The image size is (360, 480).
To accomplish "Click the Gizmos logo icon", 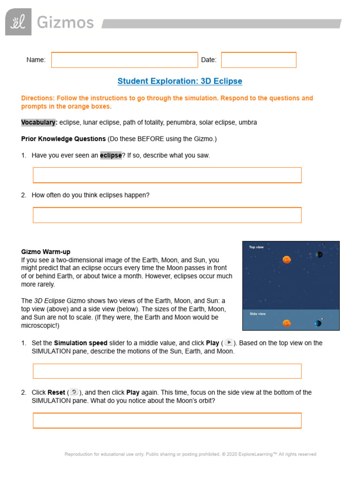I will pyautogui.click(x=18, y=22).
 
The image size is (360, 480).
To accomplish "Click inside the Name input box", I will pyautogui.click(x=124, y=60).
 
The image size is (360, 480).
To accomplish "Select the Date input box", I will pyautogui.click(x=258, y=60).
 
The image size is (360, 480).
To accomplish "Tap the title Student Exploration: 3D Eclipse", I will pyautogui.click(x=180, y=81).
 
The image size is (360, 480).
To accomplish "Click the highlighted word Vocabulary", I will pyautogui.click(x=39, y=122).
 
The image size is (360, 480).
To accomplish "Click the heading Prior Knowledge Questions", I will pyautogui.click(x=63, y=139).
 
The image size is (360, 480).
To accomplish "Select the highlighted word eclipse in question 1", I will pyautogui.click(x=111, y=156).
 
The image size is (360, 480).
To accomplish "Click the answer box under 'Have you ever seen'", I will pyautogui.click(x=167, y=175).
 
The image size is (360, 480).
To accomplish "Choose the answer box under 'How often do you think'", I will pyautogui.click(x=167, y=215).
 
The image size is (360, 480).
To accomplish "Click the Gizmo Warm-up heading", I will pyautogui.click(x=46, y=252).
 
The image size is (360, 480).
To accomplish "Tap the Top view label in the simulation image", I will pyautogui.click(x=256, y=247).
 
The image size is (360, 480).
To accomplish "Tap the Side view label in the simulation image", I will pyautogui.click(x=257, y=314).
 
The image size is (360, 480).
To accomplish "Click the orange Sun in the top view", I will pyautogui.click(x=286, y=259).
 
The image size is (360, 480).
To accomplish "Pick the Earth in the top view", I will pyautogui.click(x=319, y=255).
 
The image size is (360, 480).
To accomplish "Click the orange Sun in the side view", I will pyautogui.click(x=286, y=323).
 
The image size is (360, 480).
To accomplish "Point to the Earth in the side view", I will pyautogui.click(x=318, y=323).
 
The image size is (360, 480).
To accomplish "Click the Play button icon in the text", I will pyautogui.click(x=228, y=343).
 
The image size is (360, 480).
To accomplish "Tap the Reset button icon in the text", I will pyautogui.click(x=74, y=392).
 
